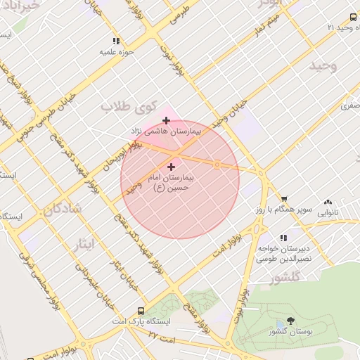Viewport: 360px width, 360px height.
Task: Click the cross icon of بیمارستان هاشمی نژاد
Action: pos(166,120)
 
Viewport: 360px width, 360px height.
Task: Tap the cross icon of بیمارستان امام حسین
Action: pos(171,167)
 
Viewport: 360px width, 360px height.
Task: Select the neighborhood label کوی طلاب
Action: pos(127,107)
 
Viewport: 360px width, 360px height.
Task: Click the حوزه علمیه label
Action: pos(116,52)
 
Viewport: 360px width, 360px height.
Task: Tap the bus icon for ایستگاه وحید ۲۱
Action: pos(354,18)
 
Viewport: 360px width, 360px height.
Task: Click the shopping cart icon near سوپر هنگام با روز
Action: pos(284,200)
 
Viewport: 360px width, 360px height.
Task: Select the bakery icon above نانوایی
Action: pos(327,200)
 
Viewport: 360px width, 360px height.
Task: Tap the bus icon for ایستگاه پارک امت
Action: pos(141,311)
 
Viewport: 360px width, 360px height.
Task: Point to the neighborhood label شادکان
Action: pos(63,209)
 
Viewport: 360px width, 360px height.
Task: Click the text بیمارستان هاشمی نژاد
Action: pos(166,131)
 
